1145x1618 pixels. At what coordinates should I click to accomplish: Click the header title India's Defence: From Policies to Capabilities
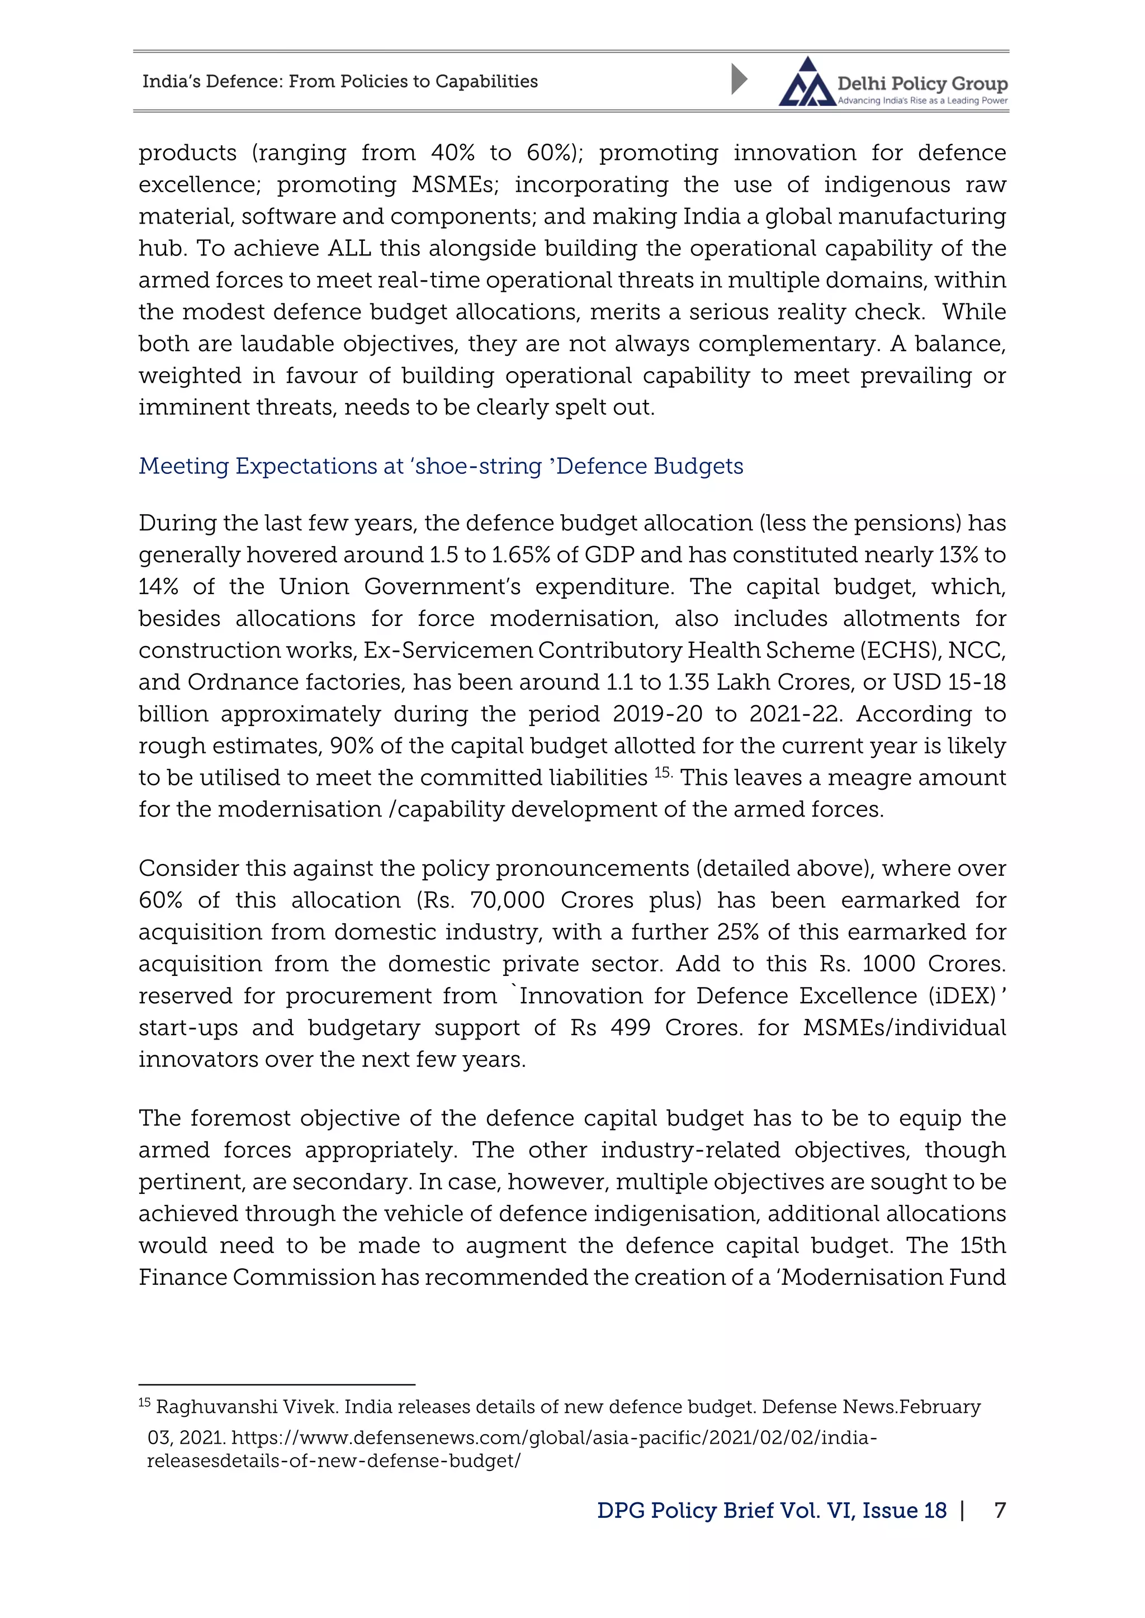[x=340, y=82]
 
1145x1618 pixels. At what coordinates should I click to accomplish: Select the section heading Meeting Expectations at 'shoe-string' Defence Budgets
[x=441, y=467]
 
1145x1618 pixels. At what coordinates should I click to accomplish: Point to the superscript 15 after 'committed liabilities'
[x=663, y=772]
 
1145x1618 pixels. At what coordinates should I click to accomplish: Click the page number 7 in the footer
[x=999, y=1510]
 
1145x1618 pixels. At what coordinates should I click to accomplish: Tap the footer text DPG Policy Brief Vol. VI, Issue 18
[x=772, y=1510]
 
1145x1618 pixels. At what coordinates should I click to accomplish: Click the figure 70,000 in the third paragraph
[x=507, y=900]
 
